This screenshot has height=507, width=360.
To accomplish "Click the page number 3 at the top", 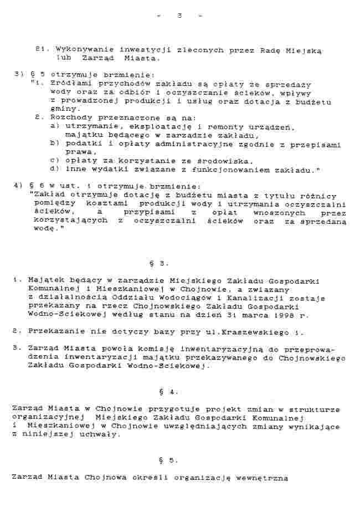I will coord(179,15).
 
